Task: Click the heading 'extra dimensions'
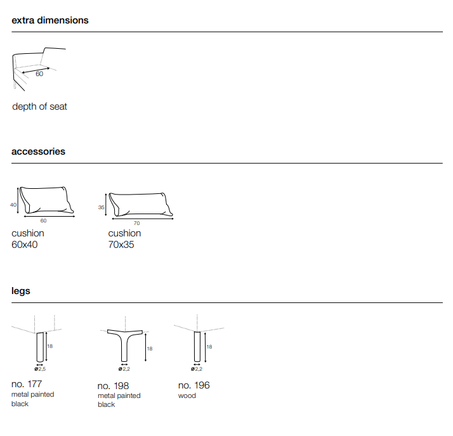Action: [50, 20]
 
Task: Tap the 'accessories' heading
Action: [38, 151]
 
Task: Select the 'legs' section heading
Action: [21, 291]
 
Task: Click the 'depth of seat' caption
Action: [39, 106]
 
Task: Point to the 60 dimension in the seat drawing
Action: [39, 74]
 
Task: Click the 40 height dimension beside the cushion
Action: [13, 205]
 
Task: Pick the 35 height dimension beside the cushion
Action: [101, 207]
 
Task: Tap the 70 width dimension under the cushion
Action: [136, 223]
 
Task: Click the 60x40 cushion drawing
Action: [46, 200]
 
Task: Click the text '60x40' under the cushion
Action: [25, 245]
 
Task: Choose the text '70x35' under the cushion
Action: [121, 245]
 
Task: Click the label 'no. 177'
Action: [27, 384]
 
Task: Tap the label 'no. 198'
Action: [113, 385]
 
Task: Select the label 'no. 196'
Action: [194, 385]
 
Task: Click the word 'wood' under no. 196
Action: [187, 395]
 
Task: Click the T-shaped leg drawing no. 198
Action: [125, 345]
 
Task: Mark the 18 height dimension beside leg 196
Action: [209, 347]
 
